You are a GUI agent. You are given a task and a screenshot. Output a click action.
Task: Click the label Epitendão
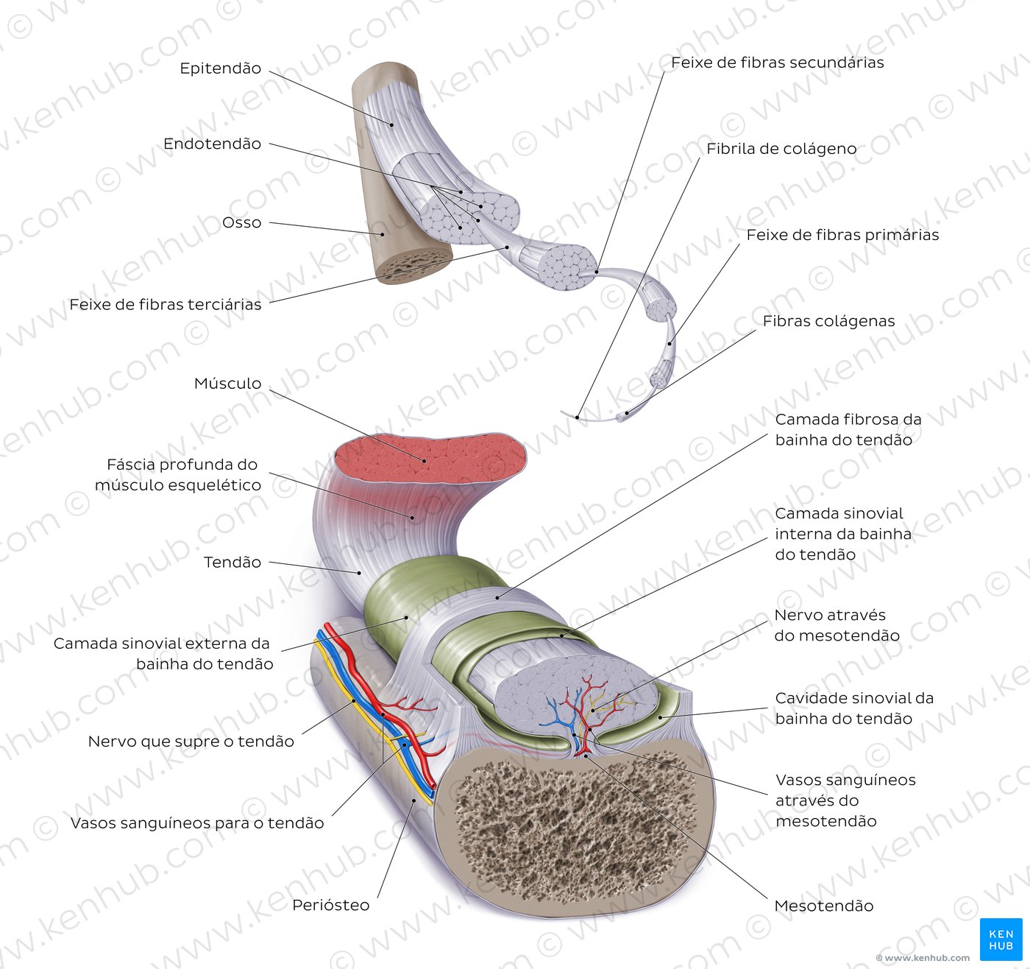tap(221, 68)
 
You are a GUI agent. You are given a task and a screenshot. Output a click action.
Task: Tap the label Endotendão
tap(212, 144)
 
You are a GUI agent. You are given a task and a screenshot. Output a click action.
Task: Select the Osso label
tap(241, 223)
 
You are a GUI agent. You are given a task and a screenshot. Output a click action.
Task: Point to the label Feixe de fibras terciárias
tap(166, 304)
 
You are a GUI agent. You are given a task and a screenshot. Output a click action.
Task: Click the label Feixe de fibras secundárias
tap(778, 63)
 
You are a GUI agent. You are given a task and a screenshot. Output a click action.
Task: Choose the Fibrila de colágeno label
tap(781, 149)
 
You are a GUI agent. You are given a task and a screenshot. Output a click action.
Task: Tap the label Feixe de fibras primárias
tap(843, 235)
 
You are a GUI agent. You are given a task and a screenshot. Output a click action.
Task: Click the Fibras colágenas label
tap(828, 322)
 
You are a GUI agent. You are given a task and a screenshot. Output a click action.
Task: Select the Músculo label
tap(227, 384)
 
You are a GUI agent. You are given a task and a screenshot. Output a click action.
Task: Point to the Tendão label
tap(232, 563)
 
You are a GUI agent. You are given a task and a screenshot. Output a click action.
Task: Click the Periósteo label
tap(331, 905)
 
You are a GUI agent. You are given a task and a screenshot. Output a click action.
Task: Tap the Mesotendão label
tap(824, 906)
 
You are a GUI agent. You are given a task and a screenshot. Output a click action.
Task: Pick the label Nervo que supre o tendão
tap(191, 741)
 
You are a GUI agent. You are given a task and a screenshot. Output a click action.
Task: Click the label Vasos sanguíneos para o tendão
tap(197, 823)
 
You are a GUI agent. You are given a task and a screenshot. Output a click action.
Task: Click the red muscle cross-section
tap(430, 459)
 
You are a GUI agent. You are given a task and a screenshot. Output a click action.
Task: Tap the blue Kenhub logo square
tap(1001, 940)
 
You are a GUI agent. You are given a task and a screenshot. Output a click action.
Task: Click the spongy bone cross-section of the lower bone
tap(575, 825)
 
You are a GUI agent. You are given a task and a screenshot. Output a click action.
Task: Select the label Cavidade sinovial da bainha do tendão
tap(854, 708)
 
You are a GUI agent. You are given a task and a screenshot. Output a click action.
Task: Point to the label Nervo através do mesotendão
tap(837, 625)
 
